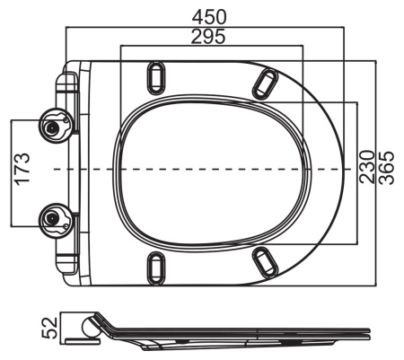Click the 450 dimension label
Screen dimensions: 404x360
[x=209, y=17]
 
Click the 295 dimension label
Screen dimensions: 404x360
[x=208, y=37]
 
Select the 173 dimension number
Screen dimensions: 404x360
[x=23, y=170]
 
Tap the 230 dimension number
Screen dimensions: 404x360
[x=367, y=167]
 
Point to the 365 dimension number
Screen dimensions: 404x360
[x=386, y=168]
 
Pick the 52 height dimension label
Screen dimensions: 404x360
[x=49, y=328]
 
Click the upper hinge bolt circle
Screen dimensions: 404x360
[x=55, y=126]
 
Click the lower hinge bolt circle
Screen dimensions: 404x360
[x=55, y=221]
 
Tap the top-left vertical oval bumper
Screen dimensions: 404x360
[x=156, y=78]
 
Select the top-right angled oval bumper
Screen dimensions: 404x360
[x=265, y=84]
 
